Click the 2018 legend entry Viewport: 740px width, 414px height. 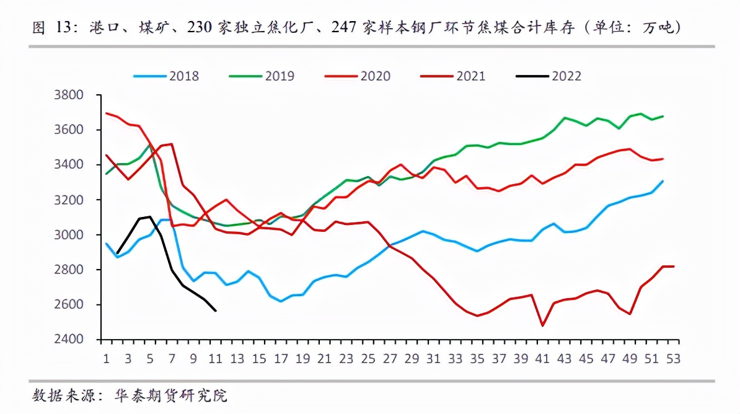pyautogui.click(x=166, y=76)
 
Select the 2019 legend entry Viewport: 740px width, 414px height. pyautogui.click(x=262, y=76)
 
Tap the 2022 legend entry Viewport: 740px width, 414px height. pyautogui.click(x=548, y=76)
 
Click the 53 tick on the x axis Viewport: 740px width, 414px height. pyautogui.click(x=674, y=359)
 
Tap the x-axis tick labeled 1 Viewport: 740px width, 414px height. pyautogui.click(x=107, y=359)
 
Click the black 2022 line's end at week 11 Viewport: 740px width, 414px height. pyautogui.click(x=215, y=310)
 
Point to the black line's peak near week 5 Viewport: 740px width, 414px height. pyautogui.click(x=150, y=216)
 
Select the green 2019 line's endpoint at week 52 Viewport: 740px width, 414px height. pyautogui.click(x=664, y=116)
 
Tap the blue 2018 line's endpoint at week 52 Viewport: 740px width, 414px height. pyautogui.click(x=664, y=181)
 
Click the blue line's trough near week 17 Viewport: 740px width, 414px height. pyautogui.click(x=281, y=301)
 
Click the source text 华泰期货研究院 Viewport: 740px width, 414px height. pyautogui.click(x=171, y=395)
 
